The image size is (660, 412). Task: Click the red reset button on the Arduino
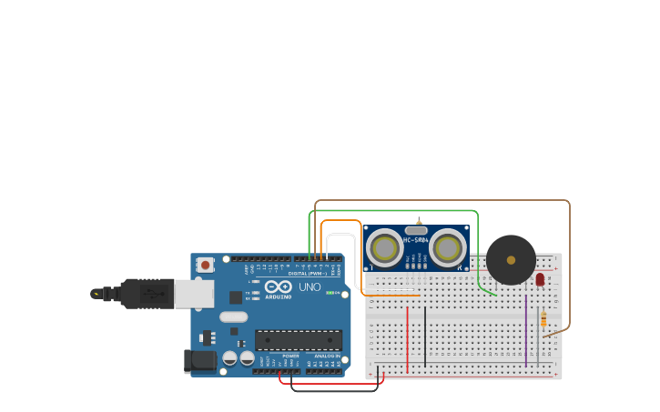coord(206,265)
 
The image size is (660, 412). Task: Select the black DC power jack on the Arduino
coord(200,361)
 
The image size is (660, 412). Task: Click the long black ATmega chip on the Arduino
coord(298,340)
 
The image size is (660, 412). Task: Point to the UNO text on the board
coord(310,286)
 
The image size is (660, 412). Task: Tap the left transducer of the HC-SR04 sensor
coord(384,248)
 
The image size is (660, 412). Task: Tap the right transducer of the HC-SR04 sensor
coord(448,248)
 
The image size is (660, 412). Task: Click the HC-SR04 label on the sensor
coord(416,240)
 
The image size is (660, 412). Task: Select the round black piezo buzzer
coord(511,260)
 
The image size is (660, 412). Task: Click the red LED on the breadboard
coord(540,279)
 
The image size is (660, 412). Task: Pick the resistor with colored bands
coord(543,320)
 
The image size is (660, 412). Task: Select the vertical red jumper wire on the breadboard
coord(407,338)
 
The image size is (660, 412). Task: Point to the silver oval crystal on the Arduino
coord(233,317)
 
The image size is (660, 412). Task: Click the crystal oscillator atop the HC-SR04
coord(416,231)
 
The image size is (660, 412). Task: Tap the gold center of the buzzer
coord(511,260)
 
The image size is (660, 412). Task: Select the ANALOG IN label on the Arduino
coord(326,356)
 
